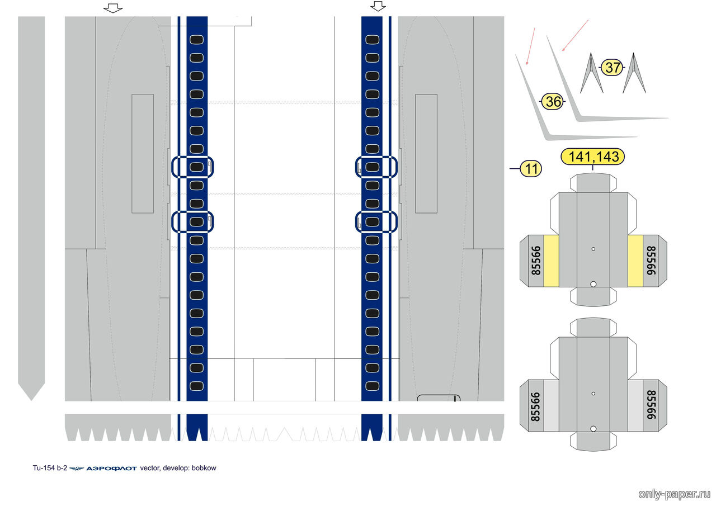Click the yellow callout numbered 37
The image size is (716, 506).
tap(612, 68)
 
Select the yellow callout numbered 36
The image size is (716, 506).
tap(553, 102)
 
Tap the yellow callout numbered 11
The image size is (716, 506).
tap(531, 169)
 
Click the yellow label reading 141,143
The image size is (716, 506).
tap(593, 157)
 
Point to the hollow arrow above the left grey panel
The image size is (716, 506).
tap(113, 8)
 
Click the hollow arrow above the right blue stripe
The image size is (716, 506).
tap(378, 6)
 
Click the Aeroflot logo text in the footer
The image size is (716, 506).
tap(111, 469)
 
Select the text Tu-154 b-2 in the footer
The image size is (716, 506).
tap(50, 468)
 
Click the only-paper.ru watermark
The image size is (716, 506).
tap(674, 494)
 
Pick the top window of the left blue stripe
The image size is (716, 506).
tap(196, 40)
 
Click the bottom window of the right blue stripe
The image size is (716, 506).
tap(372, 386)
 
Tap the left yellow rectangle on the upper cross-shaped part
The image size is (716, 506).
tap(551, 261)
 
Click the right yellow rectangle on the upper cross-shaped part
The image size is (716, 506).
tap(635, 261)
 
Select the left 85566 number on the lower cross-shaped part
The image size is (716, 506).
tap(535, 406)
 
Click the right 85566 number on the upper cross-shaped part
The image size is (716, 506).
tap(651, 261)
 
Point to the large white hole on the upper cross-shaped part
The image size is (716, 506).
tap(593, 284)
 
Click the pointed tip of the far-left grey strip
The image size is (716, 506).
tap(31, 400)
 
